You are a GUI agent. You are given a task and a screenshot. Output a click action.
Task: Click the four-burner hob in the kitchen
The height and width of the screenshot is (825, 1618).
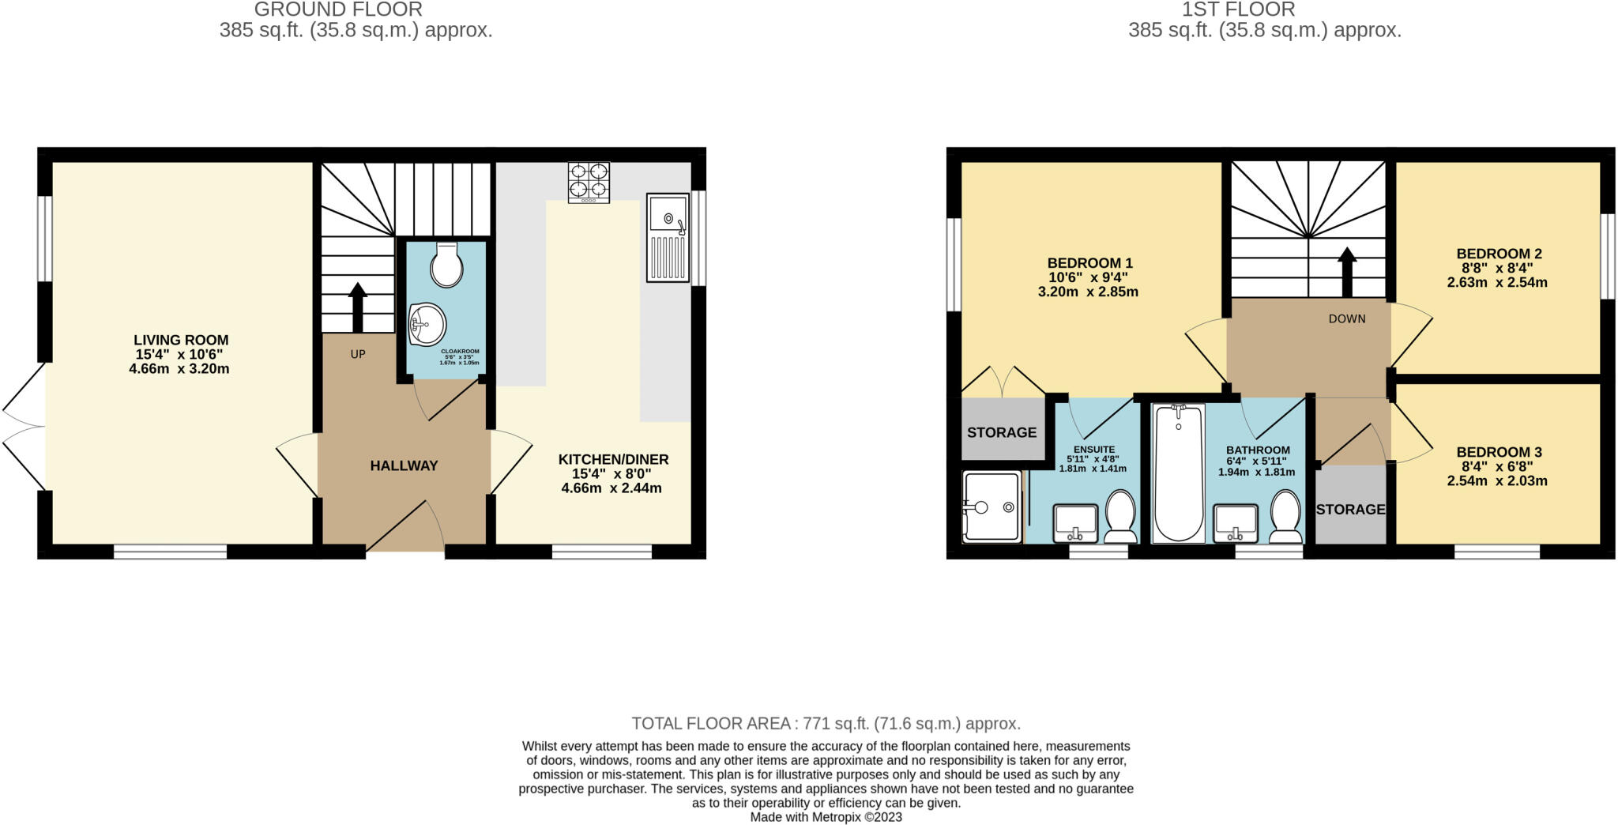pos(589,182)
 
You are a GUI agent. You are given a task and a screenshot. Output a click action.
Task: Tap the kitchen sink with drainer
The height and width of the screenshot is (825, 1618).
pos(668,237)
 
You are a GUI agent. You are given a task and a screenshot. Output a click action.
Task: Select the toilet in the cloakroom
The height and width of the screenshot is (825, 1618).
pos(446,265)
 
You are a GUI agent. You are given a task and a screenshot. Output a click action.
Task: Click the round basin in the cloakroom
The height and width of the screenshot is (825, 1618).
pos(427,324)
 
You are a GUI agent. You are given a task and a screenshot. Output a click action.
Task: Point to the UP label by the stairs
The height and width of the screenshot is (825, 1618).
pos(358,354)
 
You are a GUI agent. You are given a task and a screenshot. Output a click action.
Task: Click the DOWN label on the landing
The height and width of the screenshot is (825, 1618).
pos(1346,318)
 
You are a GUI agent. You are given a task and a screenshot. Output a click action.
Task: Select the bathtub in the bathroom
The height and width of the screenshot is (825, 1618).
pos(1178,473)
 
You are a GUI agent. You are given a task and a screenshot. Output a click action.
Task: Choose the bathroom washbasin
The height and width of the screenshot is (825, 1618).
pos(1236,523)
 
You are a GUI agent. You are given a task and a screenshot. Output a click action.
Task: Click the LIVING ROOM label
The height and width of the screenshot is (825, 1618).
pos(181,340)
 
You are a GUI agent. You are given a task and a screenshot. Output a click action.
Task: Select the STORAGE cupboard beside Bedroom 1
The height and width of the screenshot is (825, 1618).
pos(1002,431)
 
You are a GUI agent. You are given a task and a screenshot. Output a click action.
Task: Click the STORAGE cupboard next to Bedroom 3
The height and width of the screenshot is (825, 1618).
pos(1350,509)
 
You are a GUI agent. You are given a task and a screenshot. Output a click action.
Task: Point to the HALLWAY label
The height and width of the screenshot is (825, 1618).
pos(404,465)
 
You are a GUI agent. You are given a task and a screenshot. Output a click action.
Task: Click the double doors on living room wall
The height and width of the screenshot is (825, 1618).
pos(24,427)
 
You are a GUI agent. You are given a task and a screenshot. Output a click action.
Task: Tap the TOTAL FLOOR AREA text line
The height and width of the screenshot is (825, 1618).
pos(826,723)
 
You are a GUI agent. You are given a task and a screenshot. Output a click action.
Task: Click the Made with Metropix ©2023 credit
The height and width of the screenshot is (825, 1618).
pos(826,817)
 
